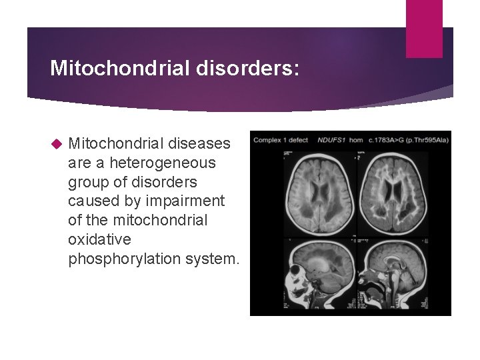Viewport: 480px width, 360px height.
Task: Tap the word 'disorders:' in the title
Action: click(x=245, y=68)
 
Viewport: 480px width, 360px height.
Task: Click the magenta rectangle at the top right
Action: click(x=424, y=28)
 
